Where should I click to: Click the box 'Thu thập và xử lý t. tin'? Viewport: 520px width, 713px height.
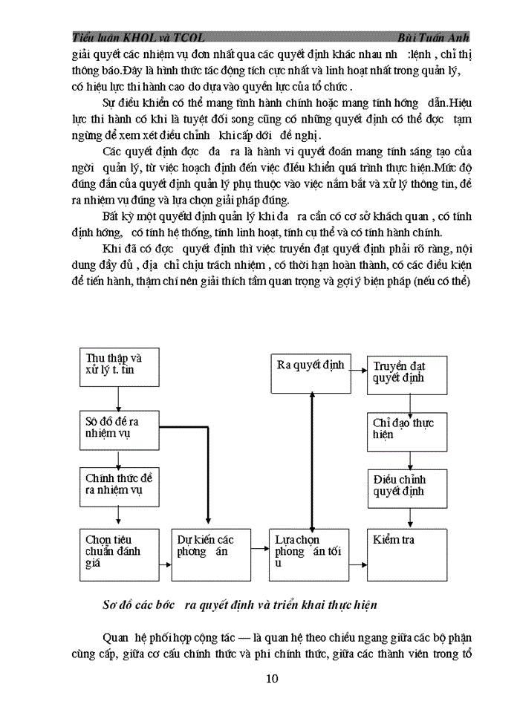118,368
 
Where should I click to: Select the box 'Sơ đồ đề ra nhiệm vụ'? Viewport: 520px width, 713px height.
118,428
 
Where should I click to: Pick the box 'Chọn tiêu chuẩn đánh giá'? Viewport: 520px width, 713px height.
118,553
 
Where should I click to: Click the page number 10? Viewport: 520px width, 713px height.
271,678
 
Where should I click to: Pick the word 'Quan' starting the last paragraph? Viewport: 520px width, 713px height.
116,637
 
